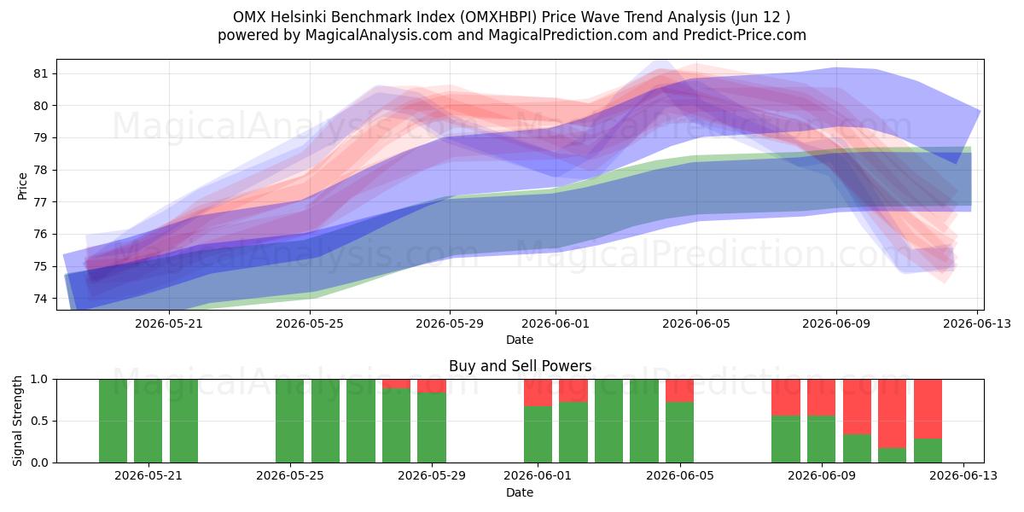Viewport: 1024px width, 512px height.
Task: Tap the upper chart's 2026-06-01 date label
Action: [556, 323]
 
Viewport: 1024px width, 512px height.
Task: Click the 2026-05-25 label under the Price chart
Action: [310, 323]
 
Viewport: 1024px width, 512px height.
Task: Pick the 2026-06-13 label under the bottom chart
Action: [963, 476]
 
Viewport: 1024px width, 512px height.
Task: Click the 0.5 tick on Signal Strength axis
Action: [39, 421]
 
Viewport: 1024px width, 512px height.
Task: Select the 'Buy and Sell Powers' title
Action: [521, 366]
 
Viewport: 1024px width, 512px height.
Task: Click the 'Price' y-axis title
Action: [22, 186]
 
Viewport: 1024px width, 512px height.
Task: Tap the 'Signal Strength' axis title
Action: [17, 421]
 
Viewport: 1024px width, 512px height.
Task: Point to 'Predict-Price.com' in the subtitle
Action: [745, 35]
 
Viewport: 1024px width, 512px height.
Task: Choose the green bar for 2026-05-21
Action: [148, 421]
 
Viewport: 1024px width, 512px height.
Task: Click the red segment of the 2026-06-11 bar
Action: [892, 413]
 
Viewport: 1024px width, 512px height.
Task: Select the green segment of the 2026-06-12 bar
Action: [928, 451]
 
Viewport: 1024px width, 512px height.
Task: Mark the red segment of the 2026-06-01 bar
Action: [538, 393]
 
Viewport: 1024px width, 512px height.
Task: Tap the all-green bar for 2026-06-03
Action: [609, 421]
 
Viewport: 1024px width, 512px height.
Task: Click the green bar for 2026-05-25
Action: [290, 421]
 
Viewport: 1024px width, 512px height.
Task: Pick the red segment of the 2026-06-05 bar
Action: [680, 391]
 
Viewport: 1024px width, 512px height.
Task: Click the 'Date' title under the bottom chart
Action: [520, 492]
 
